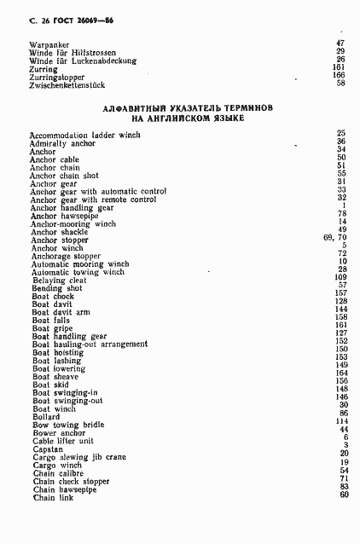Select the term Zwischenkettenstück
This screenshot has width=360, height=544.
click(69, 84)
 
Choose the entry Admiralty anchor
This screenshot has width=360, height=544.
click(64, 143)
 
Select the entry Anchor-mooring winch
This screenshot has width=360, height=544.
click(73, 223)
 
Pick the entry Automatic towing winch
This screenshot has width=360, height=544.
click(78, 272)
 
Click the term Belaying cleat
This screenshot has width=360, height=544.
click(59, 281)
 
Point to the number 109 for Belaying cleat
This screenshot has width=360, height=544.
click(340, 278)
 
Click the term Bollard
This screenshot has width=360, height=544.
click(47, 416)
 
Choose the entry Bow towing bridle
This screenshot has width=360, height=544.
click(68, 424)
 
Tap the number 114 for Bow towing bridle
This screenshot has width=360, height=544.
click(341, 421)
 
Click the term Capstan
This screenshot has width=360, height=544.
click(48, 449)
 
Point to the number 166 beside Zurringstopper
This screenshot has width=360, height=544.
click(340, 75)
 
